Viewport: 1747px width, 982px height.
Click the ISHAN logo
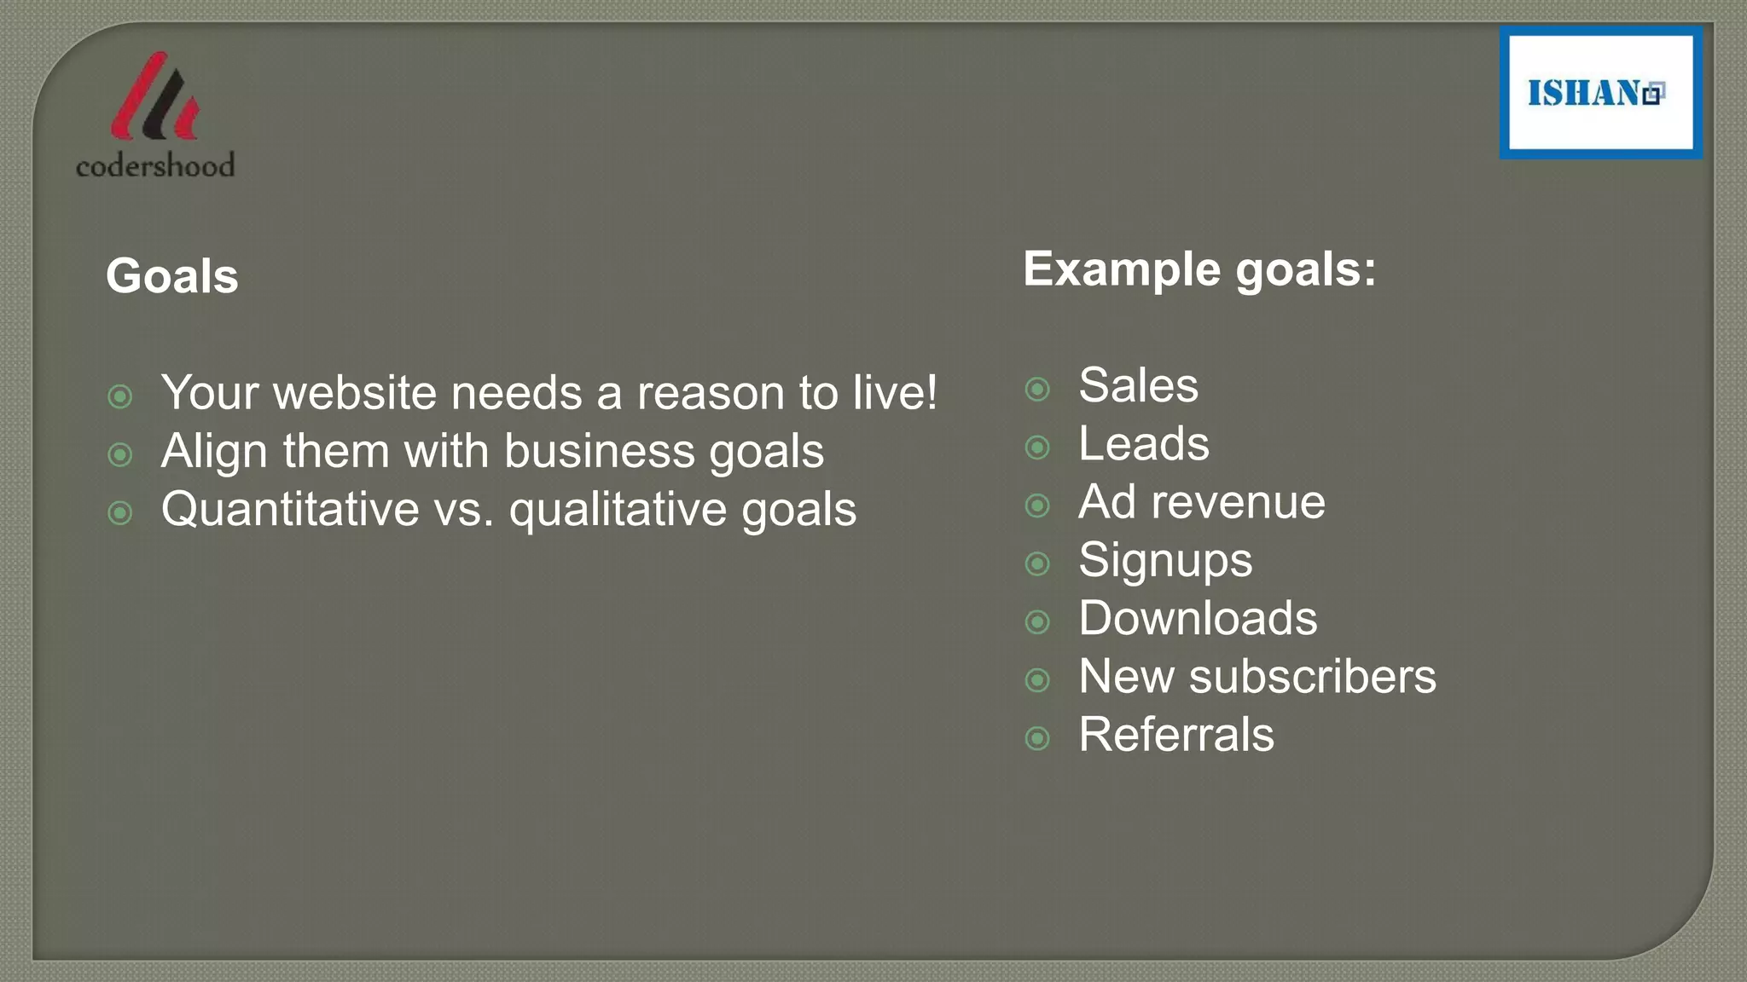coord(1600,93)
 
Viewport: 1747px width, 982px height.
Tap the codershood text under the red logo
coord(155,165)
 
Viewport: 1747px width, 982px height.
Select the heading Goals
coord(172,276)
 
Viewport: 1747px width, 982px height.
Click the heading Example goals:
coord(1199,269)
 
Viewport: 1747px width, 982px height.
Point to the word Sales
coord(1138,385)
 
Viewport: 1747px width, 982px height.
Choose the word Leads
coord(1143,444)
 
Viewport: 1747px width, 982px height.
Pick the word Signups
coord(1165,561)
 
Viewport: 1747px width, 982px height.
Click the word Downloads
coord(1198,618)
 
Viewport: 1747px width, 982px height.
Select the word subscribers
coord(1312,677)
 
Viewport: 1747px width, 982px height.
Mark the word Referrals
coord(1175,735)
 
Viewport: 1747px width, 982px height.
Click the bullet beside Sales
coord(1037,390)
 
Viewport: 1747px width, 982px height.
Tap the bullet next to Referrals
coord(1037,738)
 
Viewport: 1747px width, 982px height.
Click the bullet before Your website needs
coord(120,396)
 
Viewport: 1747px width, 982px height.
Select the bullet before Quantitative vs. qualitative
coord(120,513)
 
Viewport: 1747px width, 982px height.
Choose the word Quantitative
coord(290,510)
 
